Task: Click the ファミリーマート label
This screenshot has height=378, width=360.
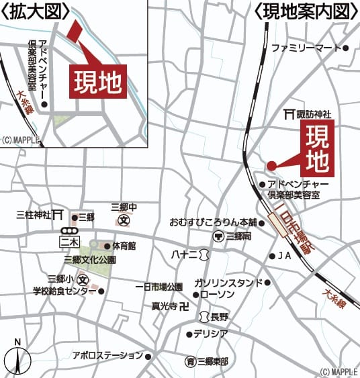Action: pyautogui.click(x=307, y=48)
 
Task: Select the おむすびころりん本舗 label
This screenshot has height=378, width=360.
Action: pyautogui.click(x=213, y=222)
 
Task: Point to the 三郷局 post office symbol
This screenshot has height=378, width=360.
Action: pyautogui.click(x=218, y=236)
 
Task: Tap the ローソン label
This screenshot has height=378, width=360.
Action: pyautogui.click(x=216, y=295)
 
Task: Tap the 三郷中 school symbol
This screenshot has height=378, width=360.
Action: pyautogui.click(x=124, y=220)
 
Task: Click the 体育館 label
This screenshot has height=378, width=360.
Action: pyautogui.click(x=124, y=246)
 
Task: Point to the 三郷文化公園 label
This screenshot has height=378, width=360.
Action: pyautogui.click(x=90, y=259)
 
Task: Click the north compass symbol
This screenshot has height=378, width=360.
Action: pyautogui.click(x=17, y=356)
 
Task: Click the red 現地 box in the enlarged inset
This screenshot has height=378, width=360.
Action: pyautogui.click(x=98, y=83)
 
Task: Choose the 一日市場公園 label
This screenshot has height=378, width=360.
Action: pyautogui.click(x=159, y=287)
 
